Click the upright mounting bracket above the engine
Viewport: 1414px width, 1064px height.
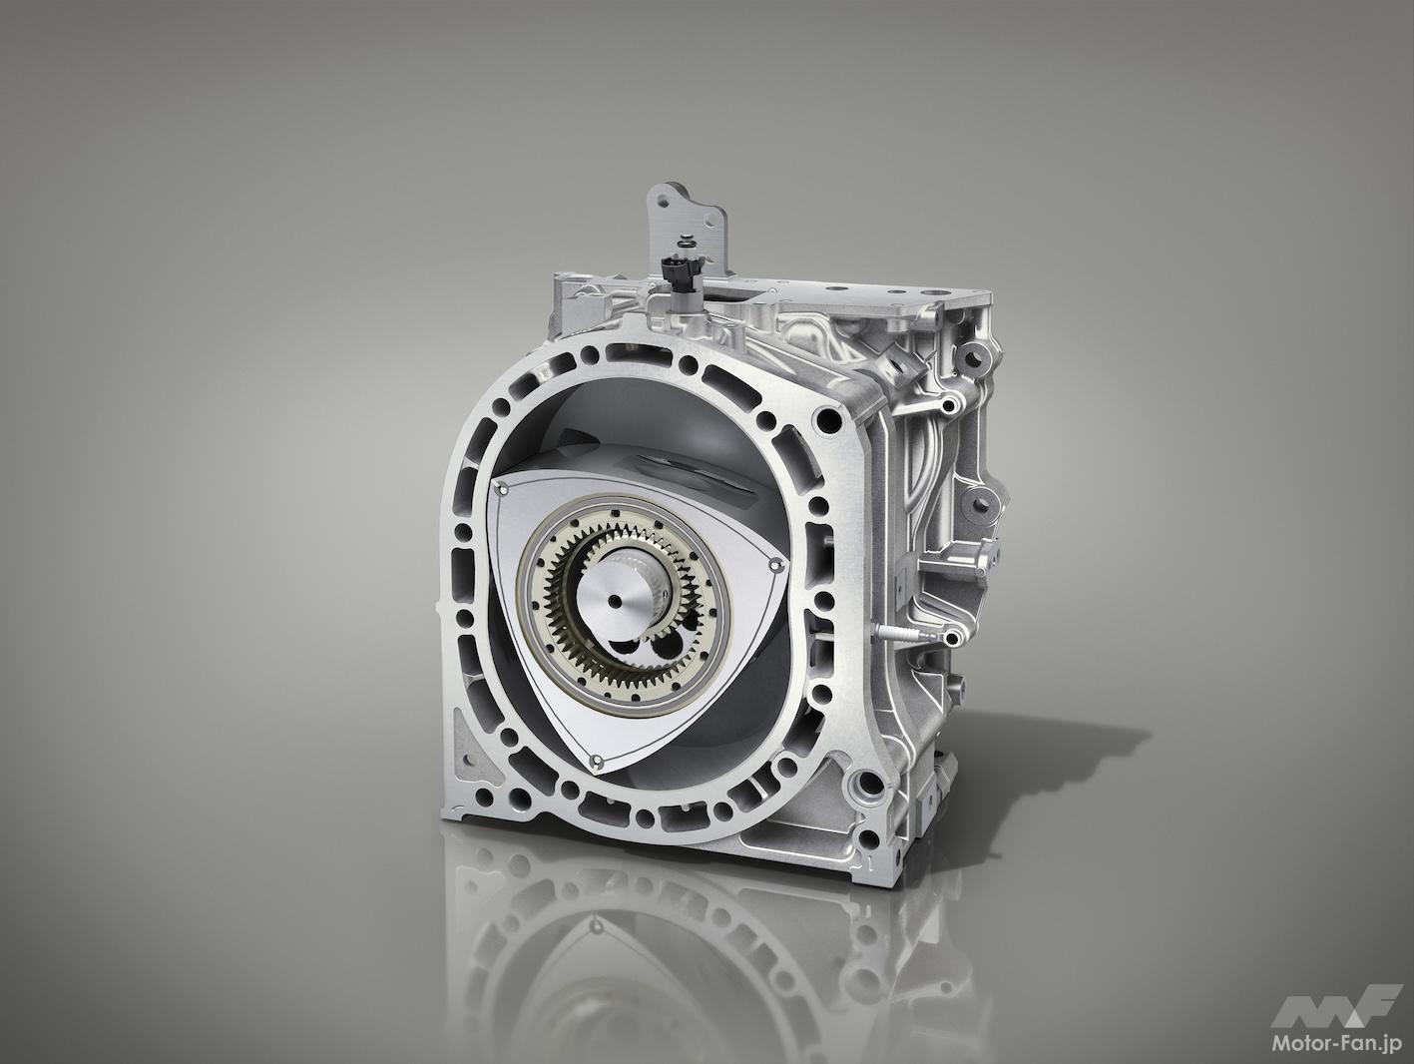click(692, 223)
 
